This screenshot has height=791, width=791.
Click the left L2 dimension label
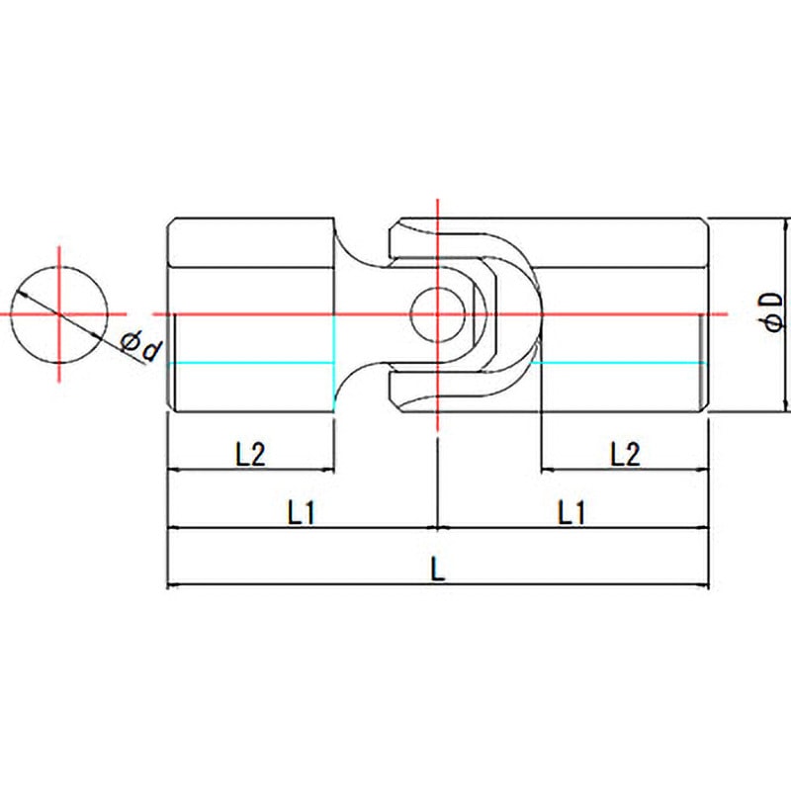click(250, 454)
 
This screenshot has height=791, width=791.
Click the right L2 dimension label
click(625, 454)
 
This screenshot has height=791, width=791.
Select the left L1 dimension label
click(302, 512)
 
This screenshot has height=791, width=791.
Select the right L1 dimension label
click(571, 512)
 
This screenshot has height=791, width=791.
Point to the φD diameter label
click(774, 311)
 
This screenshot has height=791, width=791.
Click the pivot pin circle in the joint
click(438, 314)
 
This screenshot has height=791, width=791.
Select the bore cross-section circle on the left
click(59, 314)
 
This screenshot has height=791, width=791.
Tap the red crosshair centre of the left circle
click(59, 314)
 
